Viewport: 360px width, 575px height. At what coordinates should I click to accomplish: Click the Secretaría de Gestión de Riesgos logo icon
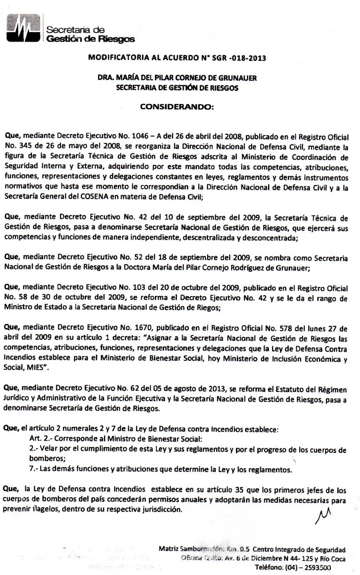[x=23, y=30]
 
